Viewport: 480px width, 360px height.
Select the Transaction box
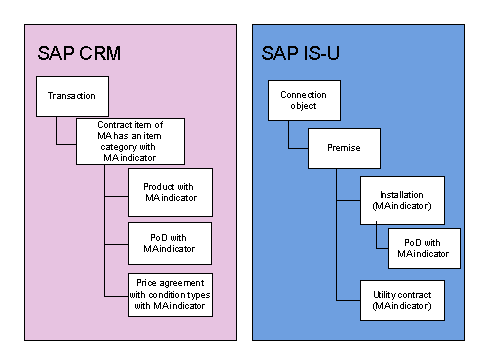pyautogui.click(x=71, y=96)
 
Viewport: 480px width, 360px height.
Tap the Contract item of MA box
pyautogui.click(x=130, y=140)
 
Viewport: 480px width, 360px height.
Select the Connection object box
pyautogui.click(x=298, y=101)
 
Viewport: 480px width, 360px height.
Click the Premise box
pyautogui.click(x=345, y=147)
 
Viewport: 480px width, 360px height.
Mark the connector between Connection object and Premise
pyautogui.click(x=289, y=136)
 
